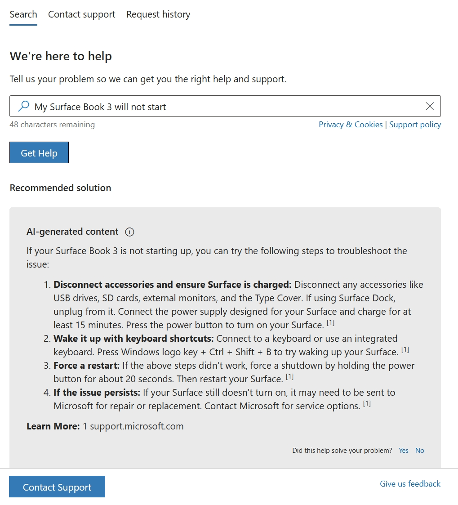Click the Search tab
(23, 14)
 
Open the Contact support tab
(82, 14)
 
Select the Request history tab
(158, 14)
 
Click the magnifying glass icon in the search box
(23, 106)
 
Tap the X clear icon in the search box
(430, 106)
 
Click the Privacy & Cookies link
(351, 125)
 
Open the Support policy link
(415, 125)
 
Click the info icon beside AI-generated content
(130, 232)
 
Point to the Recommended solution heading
(60, 188)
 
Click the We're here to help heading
(61, 56)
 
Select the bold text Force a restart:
(87, 366)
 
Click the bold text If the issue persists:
(97, 393)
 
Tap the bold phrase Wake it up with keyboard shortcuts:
(133, 339)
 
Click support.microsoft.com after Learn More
(137, 426)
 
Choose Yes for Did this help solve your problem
(404, 451)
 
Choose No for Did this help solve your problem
(419, 451)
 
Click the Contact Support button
(57, 487)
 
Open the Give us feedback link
(410, 484)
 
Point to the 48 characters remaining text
(52, 125)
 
